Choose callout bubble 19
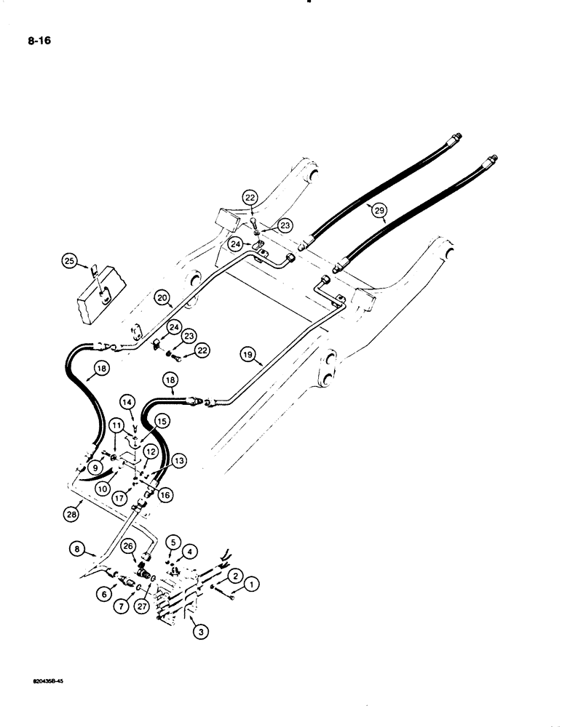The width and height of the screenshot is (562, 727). (x=249, y=354)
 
